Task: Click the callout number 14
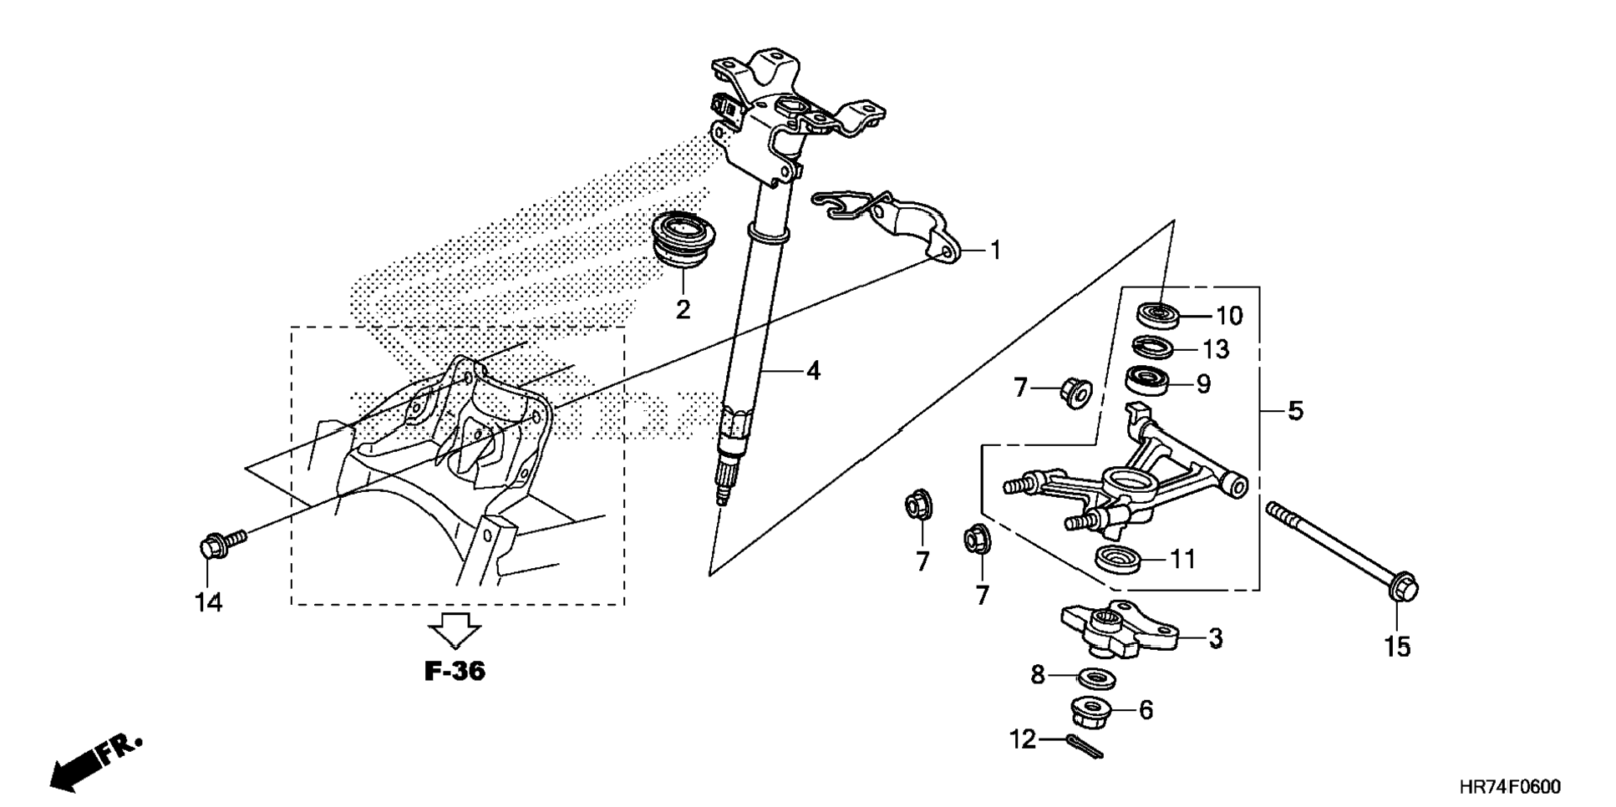point(209,603)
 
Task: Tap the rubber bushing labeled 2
point(682,238)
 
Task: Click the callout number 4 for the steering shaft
point(812,371)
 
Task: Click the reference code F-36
point(455,671)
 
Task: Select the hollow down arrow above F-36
point(455,629)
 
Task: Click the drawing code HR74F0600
point(1509,788)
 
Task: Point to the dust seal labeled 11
point(1118,558)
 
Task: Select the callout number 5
point(1294,411)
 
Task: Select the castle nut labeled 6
point(1091,712)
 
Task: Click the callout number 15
point(1397,647)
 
